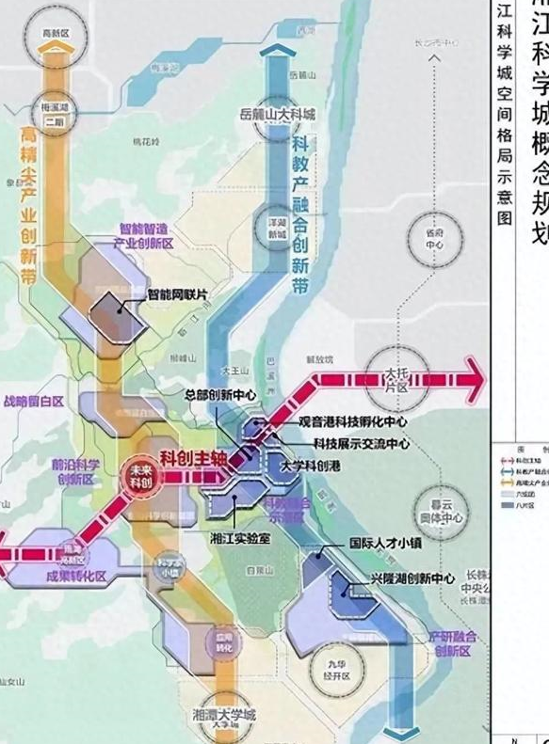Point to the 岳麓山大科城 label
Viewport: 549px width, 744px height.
278,115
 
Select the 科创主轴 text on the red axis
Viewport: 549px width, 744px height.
193,458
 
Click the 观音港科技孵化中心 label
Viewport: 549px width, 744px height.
352,422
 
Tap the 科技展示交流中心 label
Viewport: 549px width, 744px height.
361,443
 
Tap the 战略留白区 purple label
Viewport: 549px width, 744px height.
36,401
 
